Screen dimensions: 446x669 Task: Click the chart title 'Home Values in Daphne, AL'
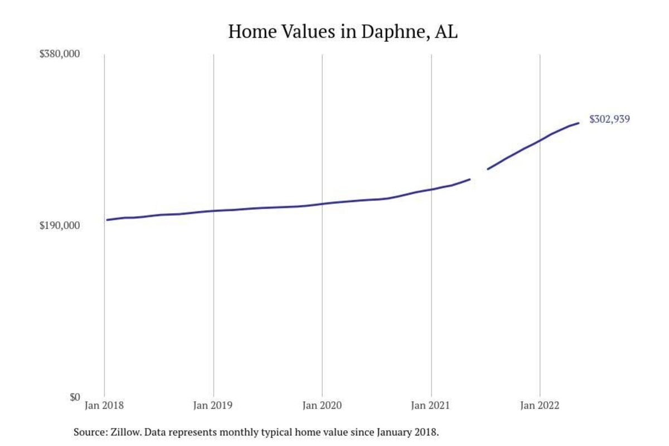(343, 32)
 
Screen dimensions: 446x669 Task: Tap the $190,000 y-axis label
(60, 226)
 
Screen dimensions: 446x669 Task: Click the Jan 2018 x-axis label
(104, 406)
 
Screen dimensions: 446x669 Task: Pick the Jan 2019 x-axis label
(213, 406)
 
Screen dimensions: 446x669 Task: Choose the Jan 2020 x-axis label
(322, 406)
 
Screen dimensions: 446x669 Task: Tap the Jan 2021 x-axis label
(431, 406)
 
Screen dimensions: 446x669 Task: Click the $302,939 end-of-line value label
(609, 119)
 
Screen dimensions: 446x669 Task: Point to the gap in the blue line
(479, 174)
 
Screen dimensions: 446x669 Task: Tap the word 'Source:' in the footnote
(89, 432)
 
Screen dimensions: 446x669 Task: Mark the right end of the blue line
(578, 123)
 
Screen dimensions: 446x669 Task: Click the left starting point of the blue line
(107, 220)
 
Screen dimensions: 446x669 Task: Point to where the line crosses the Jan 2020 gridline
(322, 204)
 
